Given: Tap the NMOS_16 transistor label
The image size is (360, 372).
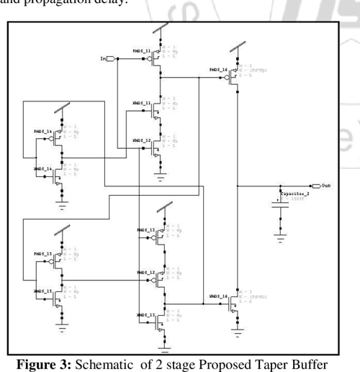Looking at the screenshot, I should coord(220,296).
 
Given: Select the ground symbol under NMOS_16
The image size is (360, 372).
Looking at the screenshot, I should coord(238,331).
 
